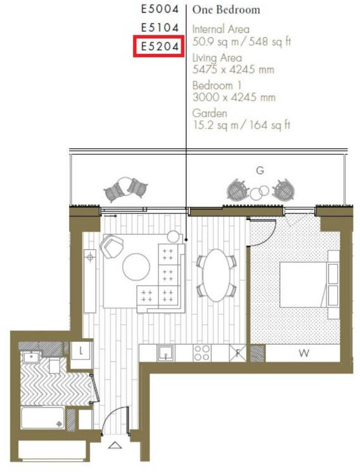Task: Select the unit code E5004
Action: pyautogui.click(x=159, y=10)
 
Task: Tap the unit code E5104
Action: pyautogui.click(x=159, y=28)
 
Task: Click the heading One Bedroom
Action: pyautogui.click(x=217, y=10)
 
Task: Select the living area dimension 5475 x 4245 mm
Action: pyautogui.click(x=233, y=69)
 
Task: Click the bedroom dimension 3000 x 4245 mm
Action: pyautogui.click(x=233, y=97)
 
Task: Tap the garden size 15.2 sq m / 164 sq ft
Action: pyautogui.click(x=241, y=125)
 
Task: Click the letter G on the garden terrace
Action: pyautogui.click(x=259, y=171)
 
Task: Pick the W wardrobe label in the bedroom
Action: pyautogui.click(x=303, y=353)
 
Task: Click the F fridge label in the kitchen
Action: pyautogui.click(x=239, y=353)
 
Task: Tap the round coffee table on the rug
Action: pyautogui.click(x=136, y=266)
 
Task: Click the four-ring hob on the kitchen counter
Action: pyautogui.click(x=202, y=352)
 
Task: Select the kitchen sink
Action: pyautogui.click(x=166, y=352)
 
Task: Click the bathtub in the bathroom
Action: pyautogui.click(x=42, y=416)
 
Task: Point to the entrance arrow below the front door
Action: pyautogui.click(x=115, y=445)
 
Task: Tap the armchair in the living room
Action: pyautogui.click(x=112, y=245)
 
